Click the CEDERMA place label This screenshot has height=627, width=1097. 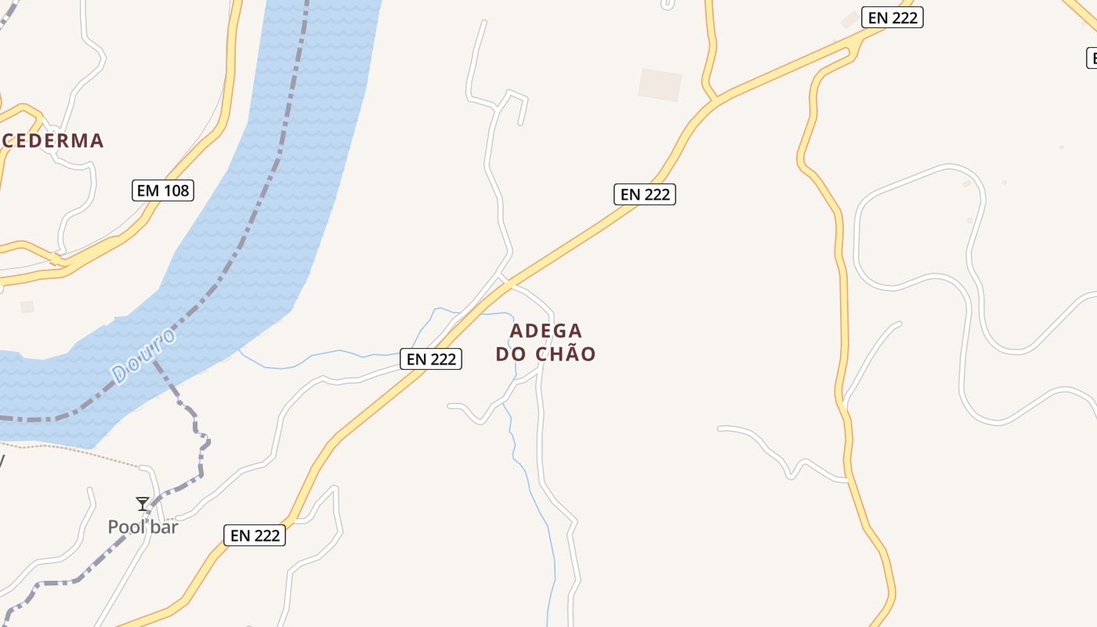(52, 141)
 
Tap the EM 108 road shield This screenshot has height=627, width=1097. (162, 190)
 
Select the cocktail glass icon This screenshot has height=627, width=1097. (143, 504)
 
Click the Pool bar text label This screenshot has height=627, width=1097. (143, 527)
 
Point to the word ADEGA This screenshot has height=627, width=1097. (546, 331)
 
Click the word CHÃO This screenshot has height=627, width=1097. (566, 354)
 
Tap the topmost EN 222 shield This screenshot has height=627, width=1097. (892, 17)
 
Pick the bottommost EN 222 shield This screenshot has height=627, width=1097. (255, 536)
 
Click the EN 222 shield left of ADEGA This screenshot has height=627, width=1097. (431, 359)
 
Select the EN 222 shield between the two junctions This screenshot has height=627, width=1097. (644, 194)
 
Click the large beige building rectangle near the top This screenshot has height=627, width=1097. (659, 85)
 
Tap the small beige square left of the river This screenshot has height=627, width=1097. (27, 306)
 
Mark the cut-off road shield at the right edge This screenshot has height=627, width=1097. (1091, 58)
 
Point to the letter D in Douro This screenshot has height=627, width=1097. (120, 375)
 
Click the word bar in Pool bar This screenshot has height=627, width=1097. (165, 527)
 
